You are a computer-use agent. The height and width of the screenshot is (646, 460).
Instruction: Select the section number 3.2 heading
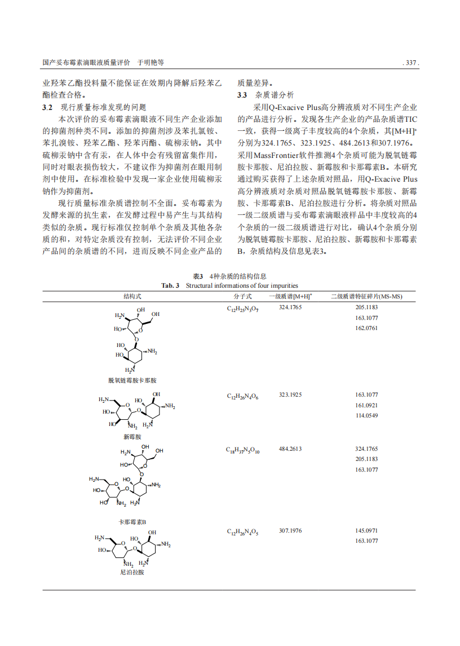pos(48,107)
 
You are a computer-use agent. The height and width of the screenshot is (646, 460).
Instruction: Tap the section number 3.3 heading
pos(242,95)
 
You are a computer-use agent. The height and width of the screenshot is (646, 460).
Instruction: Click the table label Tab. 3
pos(170,285)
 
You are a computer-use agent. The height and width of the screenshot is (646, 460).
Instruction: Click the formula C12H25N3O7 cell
pos(242,309)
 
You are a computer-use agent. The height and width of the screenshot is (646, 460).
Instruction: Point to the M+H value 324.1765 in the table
pos(290,307)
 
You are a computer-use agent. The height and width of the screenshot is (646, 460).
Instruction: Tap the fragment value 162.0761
pos(366,328)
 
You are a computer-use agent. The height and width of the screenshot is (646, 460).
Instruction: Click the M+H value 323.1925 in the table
pos(290,395)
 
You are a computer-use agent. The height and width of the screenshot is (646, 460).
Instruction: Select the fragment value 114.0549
pos(366,416)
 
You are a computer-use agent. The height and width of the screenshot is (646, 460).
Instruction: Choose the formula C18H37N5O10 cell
pos(243,450)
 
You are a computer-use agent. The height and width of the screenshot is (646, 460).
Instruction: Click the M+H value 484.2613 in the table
pos(290,449)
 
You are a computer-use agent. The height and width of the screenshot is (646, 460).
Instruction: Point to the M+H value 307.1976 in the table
pos(290,531)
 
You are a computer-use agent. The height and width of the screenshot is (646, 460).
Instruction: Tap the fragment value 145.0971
pos(366,531)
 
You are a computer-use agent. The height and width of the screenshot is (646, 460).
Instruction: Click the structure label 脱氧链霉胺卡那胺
pos(132,380)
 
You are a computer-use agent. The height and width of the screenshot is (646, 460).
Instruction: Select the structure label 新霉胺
pos(132,437)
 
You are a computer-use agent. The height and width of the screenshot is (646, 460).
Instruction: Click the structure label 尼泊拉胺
pos(132,572)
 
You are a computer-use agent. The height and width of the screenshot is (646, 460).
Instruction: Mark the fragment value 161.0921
pos(366,405)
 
